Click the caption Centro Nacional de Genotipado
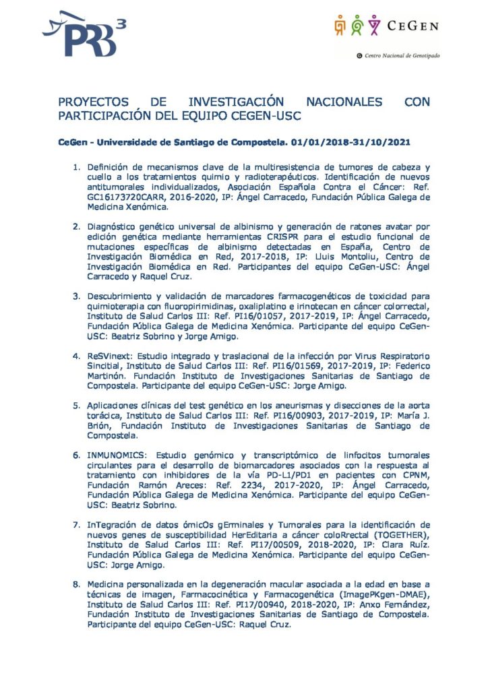(x=402, y=56)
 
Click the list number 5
(x=77, y=405)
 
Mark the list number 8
(x=77, y=584)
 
